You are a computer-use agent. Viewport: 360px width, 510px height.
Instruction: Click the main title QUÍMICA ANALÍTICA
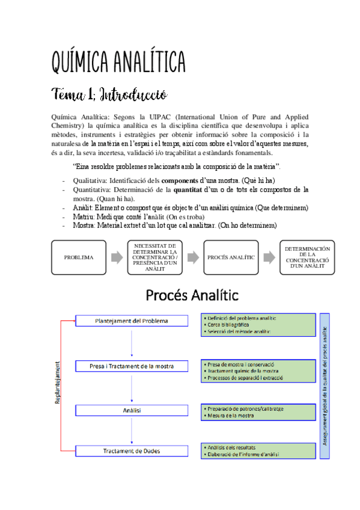point(119,61)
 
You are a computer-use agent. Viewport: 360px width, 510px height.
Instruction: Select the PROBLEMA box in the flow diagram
point(78,257)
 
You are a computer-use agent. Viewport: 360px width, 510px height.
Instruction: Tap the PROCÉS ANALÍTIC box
point(231,257)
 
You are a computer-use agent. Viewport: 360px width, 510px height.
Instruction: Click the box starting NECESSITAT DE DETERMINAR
point(154,257)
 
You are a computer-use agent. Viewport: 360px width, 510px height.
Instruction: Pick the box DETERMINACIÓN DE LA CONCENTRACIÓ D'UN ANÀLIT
point(307,257)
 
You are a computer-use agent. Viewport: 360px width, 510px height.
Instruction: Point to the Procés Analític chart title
point(192,295)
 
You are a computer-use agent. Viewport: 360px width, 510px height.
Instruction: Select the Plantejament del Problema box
point(132,321)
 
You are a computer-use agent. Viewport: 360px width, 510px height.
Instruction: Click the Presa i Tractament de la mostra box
point(132,366)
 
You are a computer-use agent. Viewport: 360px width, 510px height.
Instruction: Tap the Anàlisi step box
point(132,410)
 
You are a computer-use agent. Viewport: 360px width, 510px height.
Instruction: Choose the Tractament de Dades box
point(132,450)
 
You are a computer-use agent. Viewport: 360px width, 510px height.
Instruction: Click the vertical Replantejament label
point(58,382)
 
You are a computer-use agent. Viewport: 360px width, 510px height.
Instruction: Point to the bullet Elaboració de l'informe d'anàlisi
point(243,455)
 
